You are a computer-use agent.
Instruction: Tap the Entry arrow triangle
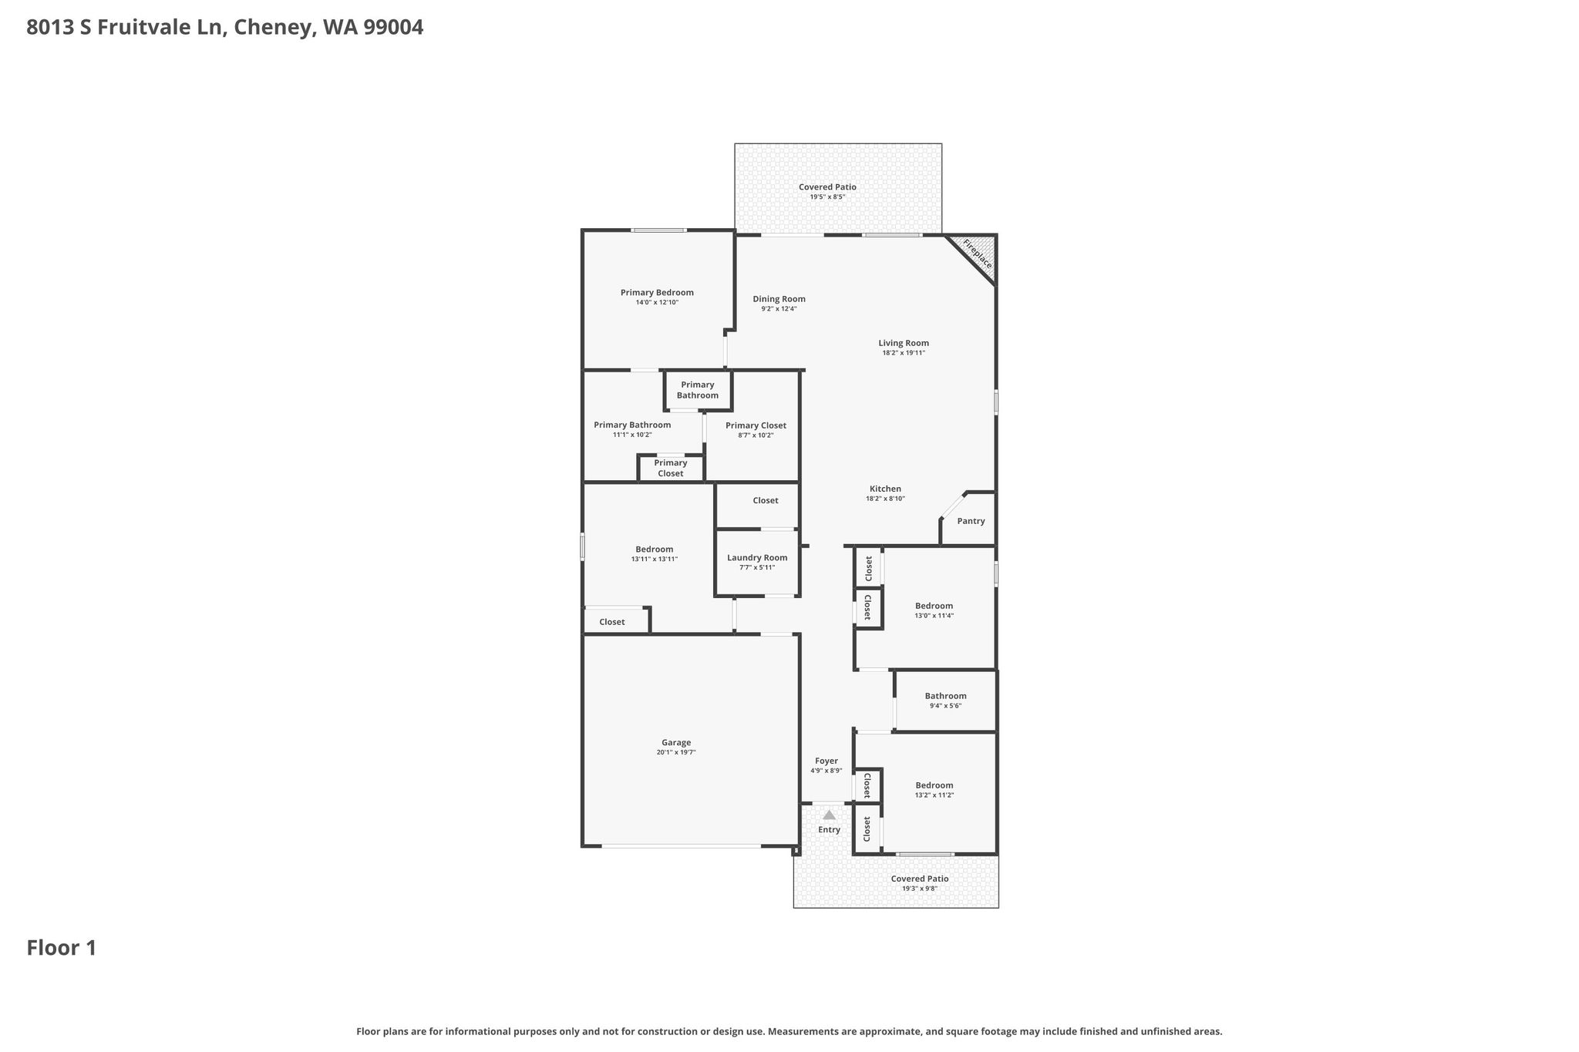coord(829,815)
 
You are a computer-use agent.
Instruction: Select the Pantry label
coord(971,521)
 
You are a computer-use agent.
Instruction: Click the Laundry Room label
coord(757,558)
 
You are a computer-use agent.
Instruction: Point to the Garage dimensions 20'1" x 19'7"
coord(676,752)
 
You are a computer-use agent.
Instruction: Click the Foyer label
coord(827,761)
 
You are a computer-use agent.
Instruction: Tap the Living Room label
coord(904,343)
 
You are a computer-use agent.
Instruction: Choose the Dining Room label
coord(779,299)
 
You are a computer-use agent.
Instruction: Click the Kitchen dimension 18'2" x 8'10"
coord(885,499)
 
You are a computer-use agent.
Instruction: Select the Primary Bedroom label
coord(657,293)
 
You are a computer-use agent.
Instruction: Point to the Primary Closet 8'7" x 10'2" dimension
coord(756,435)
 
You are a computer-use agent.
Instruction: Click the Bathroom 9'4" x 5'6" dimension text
coord(945,706)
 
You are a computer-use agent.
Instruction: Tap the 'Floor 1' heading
coord(62,948)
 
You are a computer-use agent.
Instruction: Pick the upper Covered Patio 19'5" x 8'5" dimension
coord(827,197)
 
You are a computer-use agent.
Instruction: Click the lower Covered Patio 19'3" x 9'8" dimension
coord(920,889)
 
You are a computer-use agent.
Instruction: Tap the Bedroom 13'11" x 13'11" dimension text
coord(654,560)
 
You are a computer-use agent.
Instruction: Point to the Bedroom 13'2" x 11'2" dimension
coord(934,795)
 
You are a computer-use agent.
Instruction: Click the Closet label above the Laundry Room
coord(766,501)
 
